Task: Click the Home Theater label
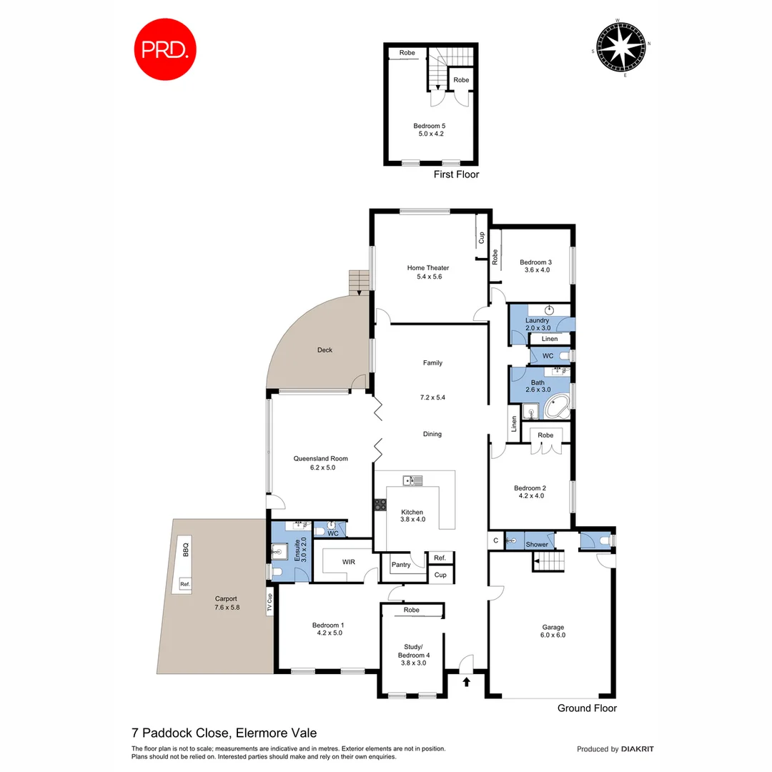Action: [428, 268]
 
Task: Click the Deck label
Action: [325, 350]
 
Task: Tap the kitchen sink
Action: [412, 480]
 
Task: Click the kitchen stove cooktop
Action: [379, 505]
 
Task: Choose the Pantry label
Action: [401, 565]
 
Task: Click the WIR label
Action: [348, 563]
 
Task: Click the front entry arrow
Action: [466, 682]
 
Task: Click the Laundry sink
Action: [549, 310]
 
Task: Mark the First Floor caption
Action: [456, 174]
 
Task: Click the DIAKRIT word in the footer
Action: [638, 749]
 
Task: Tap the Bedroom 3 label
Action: [535, 262]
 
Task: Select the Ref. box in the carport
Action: [185, 584]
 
